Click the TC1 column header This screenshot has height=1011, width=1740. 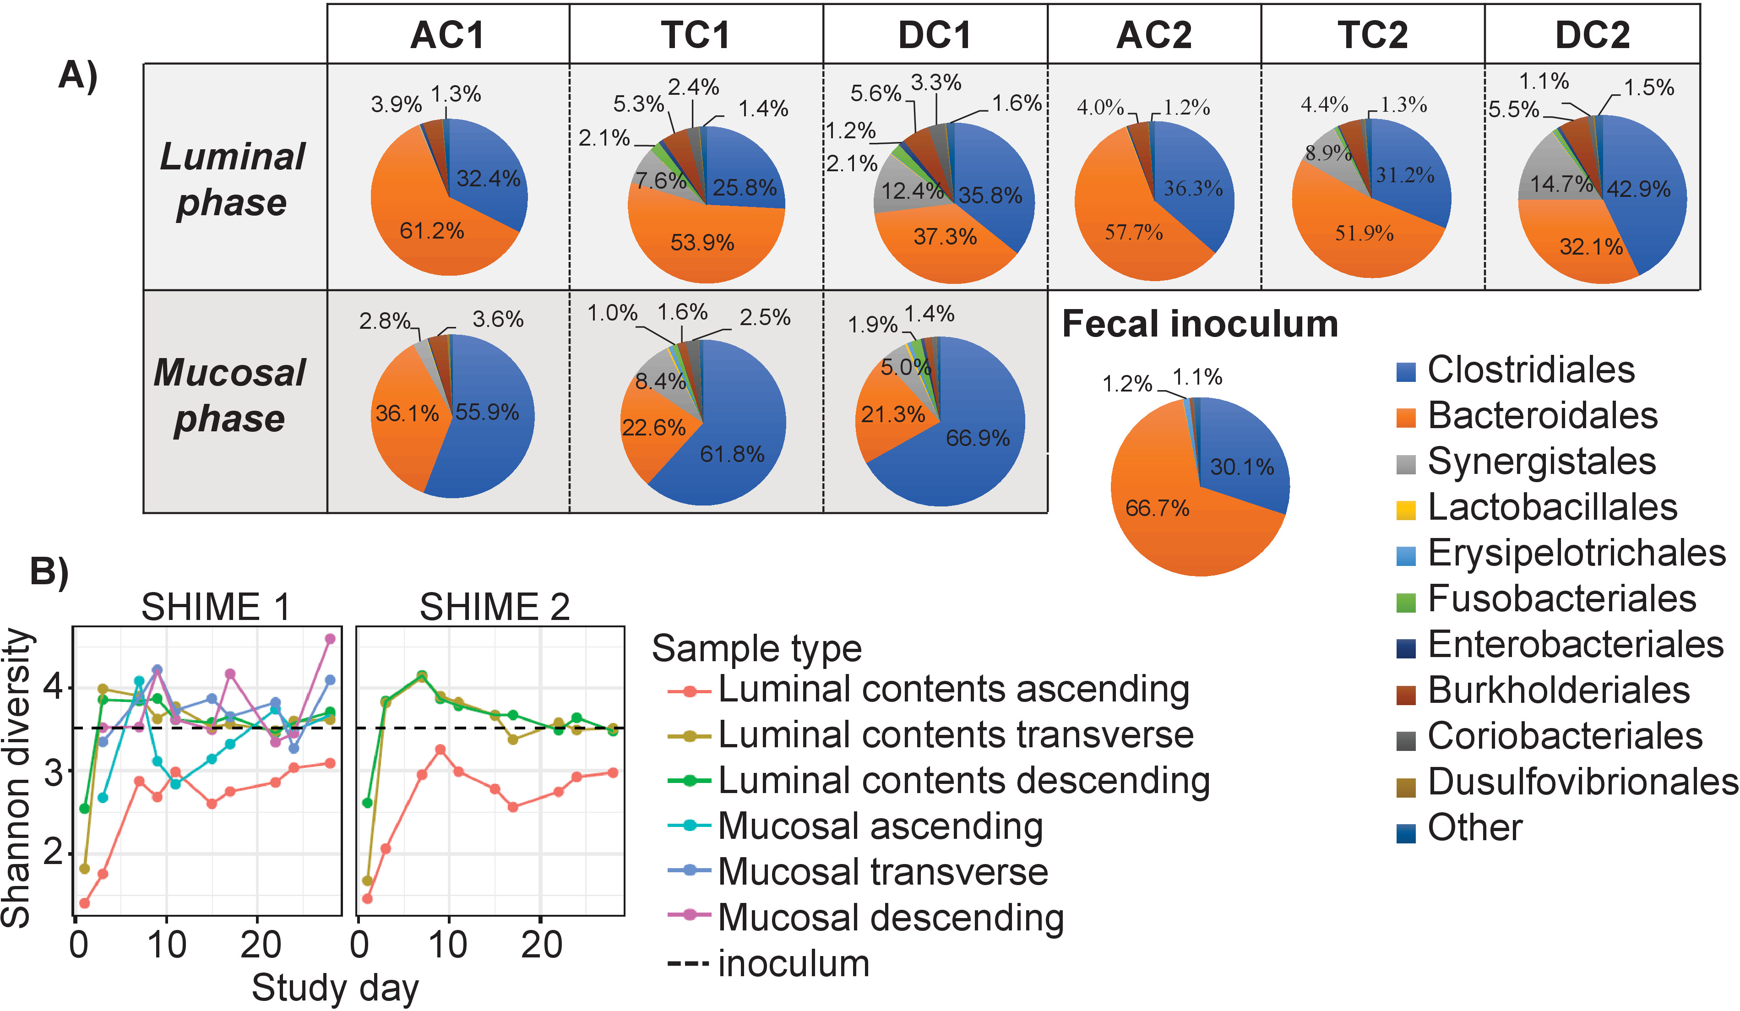pyautogui.click(x=695, y=34)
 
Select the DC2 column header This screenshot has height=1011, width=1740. pyautogui.click(x=1592, y=34)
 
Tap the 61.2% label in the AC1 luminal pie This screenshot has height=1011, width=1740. pyautogui.click(x=431, y=231)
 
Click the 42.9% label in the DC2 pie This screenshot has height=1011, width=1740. pyautogui.click(x=1638, y=189)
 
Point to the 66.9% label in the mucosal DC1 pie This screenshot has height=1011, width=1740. pyautogui.click(x=977, y=438)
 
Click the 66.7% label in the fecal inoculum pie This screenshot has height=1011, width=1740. pyautogui.click(x=1157, y=508)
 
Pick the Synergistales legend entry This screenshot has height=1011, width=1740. pyautogui.click(x=1541, y=461)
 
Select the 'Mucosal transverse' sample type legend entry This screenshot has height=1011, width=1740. pyautogui.click(x=882, y=871)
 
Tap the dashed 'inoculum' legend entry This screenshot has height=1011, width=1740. pyautogui.click(x=793, y=963)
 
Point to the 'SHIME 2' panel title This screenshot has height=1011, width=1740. pyautogui.click(x=495, y=607)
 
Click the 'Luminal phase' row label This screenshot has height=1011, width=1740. pyautogui.click(x=233, y=179)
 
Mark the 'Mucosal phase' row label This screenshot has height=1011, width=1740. pyautogui.click(x=229, y=395)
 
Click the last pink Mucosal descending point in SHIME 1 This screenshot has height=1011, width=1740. pyautogui.click(x=330, y=639)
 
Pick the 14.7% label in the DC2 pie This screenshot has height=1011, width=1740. pyautogui.click(x=1561, y=184)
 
